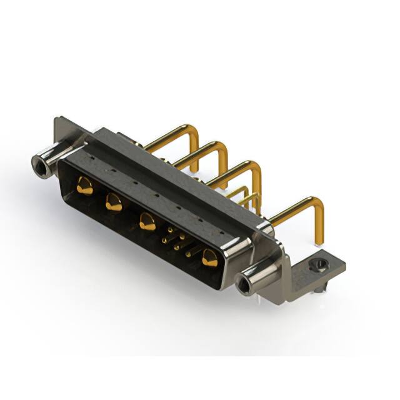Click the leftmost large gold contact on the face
84,184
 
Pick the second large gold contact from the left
114,202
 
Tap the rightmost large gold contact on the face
209,256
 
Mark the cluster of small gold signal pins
176,239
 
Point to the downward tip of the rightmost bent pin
319,241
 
